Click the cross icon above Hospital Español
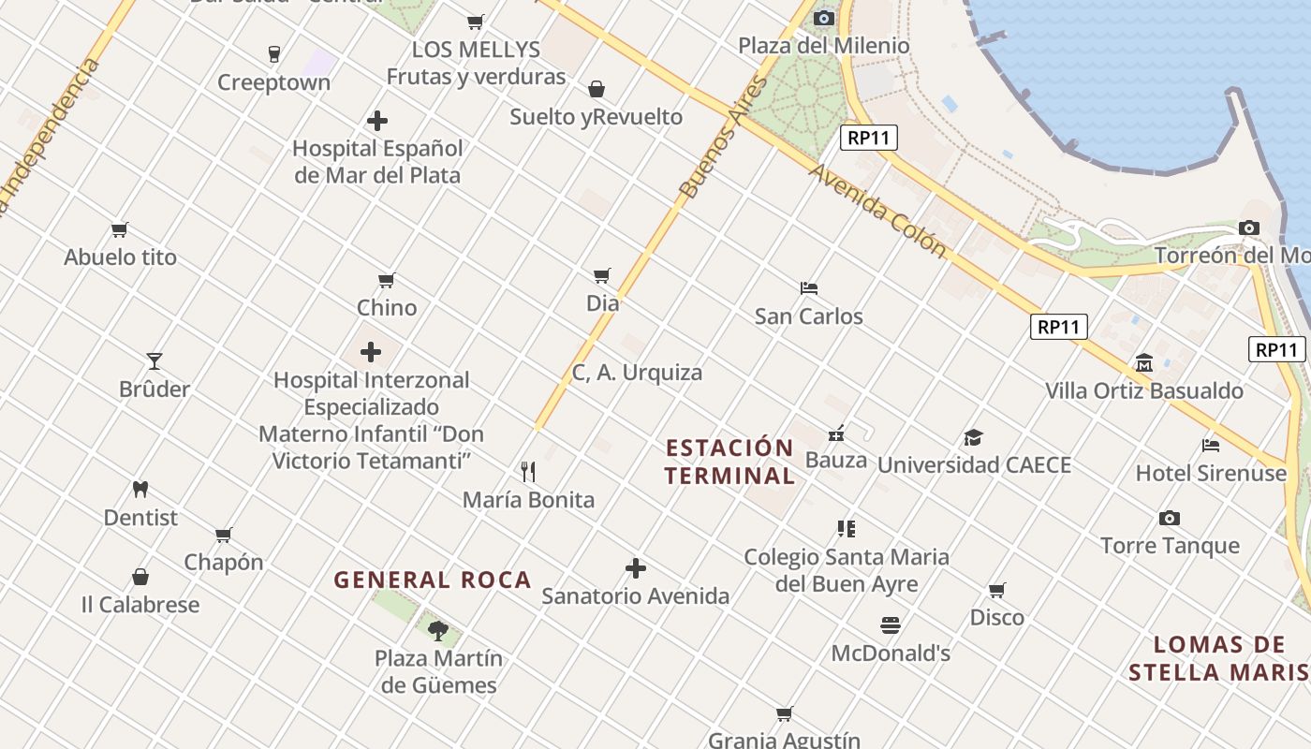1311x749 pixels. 377,121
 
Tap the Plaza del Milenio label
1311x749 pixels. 823,45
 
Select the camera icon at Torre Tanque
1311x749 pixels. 1169,518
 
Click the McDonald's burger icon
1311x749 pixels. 890,624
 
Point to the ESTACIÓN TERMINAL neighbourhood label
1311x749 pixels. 729,461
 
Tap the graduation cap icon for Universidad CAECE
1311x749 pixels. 974,437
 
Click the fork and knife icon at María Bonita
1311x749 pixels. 528,472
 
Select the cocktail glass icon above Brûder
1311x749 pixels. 155,360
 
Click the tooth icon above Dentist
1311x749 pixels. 140,489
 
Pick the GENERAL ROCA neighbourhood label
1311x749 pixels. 433,580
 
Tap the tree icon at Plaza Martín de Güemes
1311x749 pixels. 438,630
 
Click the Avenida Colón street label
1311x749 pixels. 877,211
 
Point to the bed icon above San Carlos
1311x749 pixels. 809,288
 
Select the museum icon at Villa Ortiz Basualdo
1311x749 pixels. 1143,362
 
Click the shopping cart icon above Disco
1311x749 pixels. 996,590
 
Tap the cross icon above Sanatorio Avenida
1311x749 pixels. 635,568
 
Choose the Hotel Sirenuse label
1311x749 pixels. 1211,473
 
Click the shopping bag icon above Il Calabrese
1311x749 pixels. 140,577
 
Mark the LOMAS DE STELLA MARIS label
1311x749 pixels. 1218,658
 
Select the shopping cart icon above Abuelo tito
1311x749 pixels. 120,229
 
